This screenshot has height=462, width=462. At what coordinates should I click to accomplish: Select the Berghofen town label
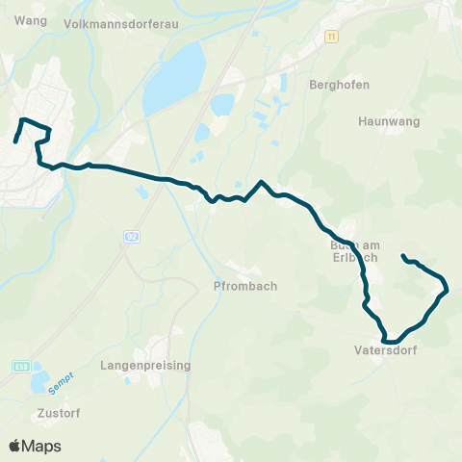click(x=333, y=84)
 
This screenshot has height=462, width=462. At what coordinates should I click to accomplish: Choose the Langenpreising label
click(x=145, y=366)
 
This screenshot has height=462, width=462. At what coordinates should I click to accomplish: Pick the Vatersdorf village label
click(x=384, y=351)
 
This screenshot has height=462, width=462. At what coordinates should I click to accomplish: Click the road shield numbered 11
click(x=332, y=36)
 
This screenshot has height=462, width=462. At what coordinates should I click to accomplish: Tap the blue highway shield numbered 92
click(x=130, y=235)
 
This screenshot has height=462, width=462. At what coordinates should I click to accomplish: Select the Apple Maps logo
click(x=35, y=446)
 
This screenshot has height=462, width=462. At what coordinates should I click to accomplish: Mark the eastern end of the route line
click(x=402, y=255)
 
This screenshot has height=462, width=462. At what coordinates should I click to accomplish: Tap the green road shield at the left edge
click(x=21, y=367)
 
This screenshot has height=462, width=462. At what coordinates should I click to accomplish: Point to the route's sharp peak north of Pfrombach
click(x=261, y=181)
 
